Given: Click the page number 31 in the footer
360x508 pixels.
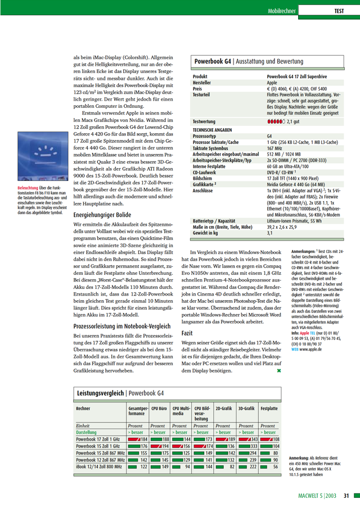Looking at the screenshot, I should click(347, 496).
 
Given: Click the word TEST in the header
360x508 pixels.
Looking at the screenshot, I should click(339, 11).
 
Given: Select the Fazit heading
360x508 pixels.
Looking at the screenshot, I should click(187, 333).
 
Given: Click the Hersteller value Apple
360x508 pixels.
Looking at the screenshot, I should click(272, 83).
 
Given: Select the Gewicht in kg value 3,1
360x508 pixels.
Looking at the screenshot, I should click(269, 232).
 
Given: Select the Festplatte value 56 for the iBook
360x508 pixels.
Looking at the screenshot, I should click(276, 466).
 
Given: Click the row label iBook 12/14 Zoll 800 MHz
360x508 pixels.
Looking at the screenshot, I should click(100, 466).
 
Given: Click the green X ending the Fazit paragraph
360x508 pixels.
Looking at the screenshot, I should click(279, 370).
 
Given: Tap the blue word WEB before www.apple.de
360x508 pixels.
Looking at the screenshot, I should click(295, 348).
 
